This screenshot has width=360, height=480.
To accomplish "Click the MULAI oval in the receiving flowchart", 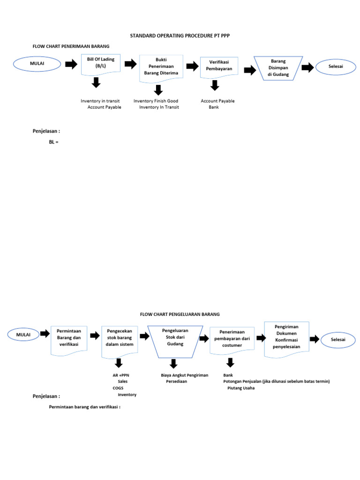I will click(37, 65).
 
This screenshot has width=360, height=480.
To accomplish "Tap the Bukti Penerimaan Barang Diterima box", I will click(161, 67).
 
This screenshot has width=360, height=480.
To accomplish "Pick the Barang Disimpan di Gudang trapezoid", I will click(278, 68).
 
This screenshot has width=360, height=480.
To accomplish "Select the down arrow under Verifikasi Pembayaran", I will click(215, 85).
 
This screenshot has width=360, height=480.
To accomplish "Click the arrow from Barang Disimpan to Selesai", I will click(307, 68).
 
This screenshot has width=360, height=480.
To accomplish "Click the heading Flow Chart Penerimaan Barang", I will click(71, 46).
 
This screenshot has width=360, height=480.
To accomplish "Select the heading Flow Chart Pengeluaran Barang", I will click(180, 314).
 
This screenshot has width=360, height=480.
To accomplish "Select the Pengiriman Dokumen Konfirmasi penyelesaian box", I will click(286, 337).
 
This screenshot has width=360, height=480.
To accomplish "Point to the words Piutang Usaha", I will click(241, 388).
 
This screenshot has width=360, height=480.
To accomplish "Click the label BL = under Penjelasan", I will click(53, 142).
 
